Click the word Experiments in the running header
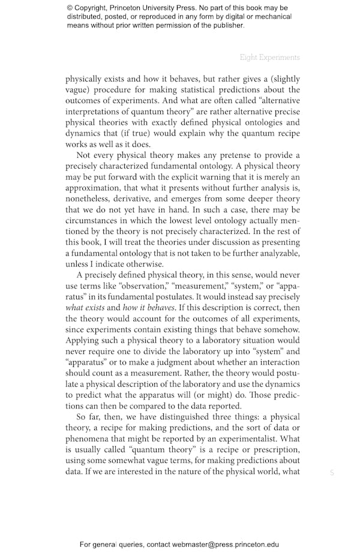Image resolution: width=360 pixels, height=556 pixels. (280, 58)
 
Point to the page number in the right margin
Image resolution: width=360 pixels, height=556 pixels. (332, 473)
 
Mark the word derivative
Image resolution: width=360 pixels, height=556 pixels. (143, 199)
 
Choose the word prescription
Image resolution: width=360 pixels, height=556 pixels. (272, 449)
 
